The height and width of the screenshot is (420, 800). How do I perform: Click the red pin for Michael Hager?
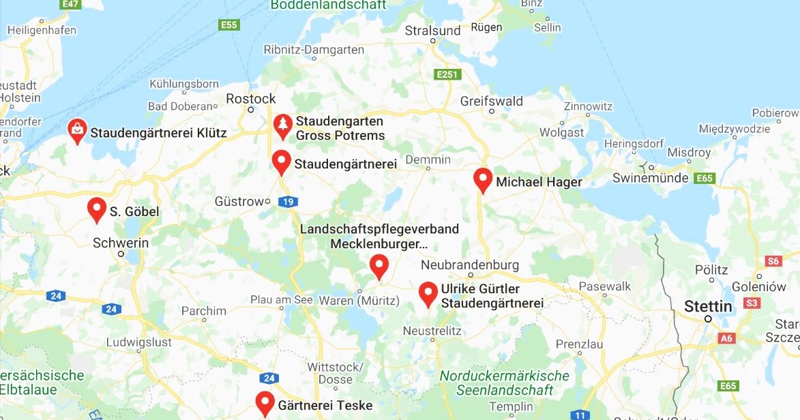(x=483, y=180)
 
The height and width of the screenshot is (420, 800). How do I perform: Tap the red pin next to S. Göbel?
(x=97, y=210)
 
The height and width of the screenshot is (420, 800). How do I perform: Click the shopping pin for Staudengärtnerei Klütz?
(x=78, y=130)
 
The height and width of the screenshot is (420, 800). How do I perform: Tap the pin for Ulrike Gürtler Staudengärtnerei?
(x=428, y=294)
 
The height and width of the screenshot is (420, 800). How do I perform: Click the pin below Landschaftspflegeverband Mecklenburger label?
(x=379, y=267)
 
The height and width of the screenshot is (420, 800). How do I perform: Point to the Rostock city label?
(x=251, y=99)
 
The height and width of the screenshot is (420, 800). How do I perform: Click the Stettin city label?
(x=708, y=306)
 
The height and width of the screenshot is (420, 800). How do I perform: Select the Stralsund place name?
(x=432, y=31)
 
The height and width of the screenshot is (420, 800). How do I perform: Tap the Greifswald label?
(x=491, y=101)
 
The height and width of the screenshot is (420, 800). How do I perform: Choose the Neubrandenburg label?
(x=470, y=265)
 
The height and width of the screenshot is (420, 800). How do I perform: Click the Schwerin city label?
(x=121, y=243)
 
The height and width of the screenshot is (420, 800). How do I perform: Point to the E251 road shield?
(x=447, y=74)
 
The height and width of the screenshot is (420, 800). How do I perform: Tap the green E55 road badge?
(x=228, y=25)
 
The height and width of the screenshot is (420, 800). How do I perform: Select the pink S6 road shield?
(x=773, y=261)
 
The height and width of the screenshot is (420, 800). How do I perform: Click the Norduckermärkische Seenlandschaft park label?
(x=504, y=383)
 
